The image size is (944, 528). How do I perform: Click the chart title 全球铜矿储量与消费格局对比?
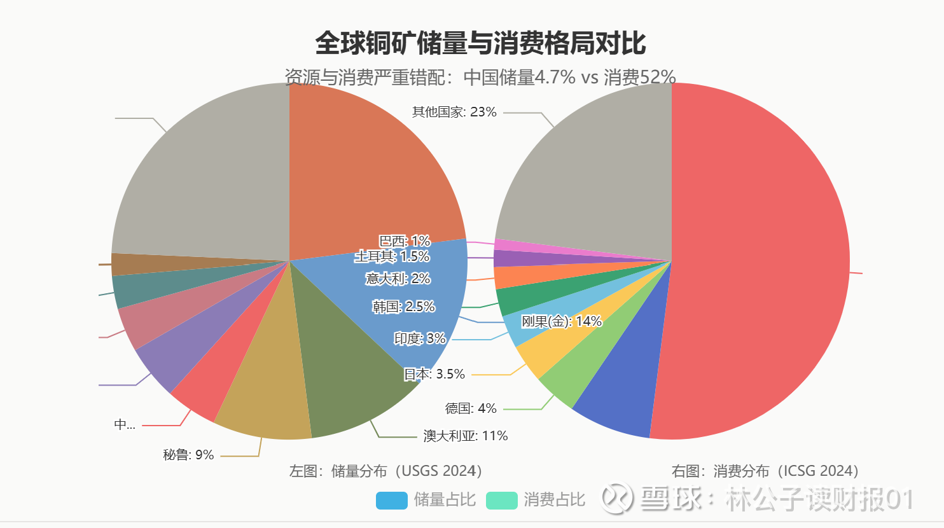(x=480, y=43)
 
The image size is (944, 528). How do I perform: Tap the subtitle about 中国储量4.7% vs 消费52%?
(x=480, y=77)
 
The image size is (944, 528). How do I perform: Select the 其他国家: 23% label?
(x=454, y=112)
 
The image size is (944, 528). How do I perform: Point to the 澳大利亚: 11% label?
(x=466, y=436)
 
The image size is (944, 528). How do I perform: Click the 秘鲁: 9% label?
(x=188, y=455)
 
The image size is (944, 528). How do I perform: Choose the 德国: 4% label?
(x=471, y=408)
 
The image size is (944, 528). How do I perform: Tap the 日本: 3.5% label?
(x=434, y=374)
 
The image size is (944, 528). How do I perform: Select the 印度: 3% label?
(x=420, y=338)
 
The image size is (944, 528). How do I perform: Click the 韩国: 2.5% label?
(x=403, y=307)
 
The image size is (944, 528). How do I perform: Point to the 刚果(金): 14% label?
(x=562, y=321)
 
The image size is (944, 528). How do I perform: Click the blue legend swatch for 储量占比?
(x=391, y=500)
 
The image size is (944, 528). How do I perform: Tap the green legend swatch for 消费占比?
(x=501, y=500)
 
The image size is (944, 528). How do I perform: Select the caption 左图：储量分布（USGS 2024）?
(x=386, y=471)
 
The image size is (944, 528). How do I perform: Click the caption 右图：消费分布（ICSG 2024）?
(x=765, y=471)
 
